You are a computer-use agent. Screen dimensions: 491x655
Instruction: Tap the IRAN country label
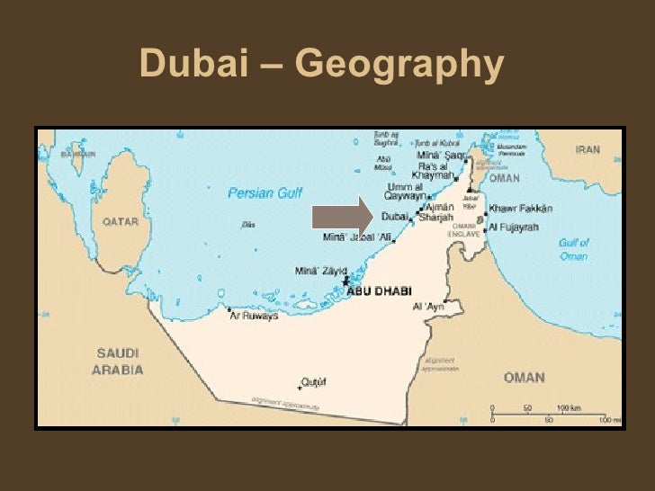click(x=588, y=149)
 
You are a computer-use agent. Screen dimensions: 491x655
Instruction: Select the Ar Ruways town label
click(x=255, y=316)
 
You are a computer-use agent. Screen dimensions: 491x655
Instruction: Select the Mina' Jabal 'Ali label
click(x=357, y=238)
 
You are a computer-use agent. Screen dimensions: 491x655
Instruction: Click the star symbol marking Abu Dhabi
click(x=345, y=282)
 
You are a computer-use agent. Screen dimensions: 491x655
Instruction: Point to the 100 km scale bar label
click(x=569, y=408)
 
